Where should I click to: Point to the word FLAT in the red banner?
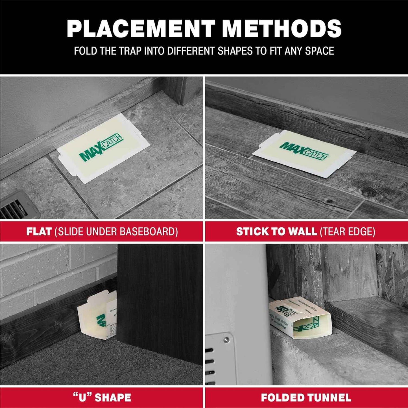[x=39, y=232]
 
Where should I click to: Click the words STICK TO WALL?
[x=276, y=232]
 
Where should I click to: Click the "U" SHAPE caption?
[x=102, y=398]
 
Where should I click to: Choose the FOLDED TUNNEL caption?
[x=306, y=398]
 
